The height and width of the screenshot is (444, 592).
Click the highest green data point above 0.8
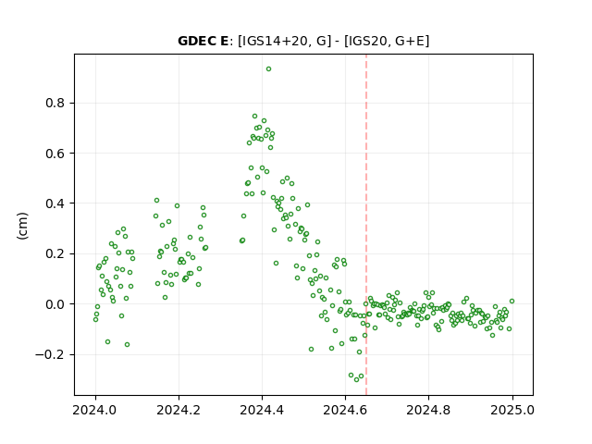[268, 69]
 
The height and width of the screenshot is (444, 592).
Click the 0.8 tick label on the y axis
[55, 103]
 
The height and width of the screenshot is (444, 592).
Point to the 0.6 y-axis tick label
[55, 154]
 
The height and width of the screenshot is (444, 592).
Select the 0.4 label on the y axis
[55, 203]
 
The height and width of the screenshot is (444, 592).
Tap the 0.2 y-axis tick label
[55, 253]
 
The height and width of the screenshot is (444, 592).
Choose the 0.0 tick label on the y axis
[55, 304]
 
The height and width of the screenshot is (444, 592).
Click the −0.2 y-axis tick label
[50, 354]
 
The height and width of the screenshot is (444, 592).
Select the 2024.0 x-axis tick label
[95, 410]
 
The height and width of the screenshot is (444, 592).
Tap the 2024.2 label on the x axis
[179, 410]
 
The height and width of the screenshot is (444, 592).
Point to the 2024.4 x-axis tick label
[262, 410]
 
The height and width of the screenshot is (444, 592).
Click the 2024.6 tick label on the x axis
[345, 410]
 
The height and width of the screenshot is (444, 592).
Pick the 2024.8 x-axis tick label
[428, 410]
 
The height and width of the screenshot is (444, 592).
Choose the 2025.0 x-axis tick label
[512, 410]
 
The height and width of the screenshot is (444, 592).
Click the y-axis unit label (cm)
[22, 226]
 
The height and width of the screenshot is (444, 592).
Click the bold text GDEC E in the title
[203, 41]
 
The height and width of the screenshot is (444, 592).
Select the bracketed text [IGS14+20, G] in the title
[285, 41]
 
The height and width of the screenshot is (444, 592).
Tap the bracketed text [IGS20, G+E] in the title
[387, 41]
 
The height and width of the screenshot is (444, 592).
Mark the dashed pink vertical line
[366, 225]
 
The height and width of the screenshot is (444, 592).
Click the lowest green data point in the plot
[356, 379]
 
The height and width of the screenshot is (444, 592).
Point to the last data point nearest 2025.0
[512, 301]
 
